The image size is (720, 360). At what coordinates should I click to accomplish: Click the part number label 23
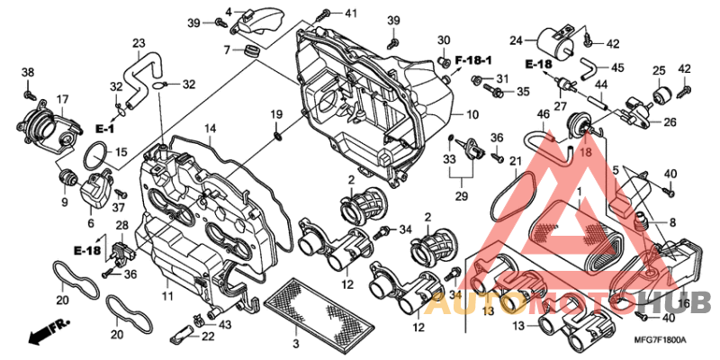tap(139, 43)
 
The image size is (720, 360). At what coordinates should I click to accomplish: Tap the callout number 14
tap(209, 130)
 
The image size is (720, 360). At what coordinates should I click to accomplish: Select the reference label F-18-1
tap(473, 59)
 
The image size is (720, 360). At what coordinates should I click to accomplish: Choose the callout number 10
tap(472, 115)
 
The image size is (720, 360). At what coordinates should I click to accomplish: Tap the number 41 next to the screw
tap(350, 13)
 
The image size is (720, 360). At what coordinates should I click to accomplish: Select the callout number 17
tap(63, 99)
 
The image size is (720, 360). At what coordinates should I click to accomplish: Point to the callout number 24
tap(516, 40)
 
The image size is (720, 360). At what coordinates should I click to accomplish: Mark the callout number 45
tap(617, 67)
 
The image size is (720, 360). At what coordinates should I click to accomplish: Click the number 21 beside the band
tap(516, 161)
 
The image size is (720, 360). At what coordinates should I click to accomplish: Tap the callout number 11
tap(167, 295)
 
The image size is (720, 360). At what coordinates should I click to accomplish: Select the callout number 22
tap(208, 336)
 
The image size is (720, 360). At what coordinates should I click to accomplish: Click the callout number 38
tap(28, 72)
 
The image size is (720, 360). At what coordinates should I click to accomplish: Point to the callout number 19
tap(277, 114)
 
